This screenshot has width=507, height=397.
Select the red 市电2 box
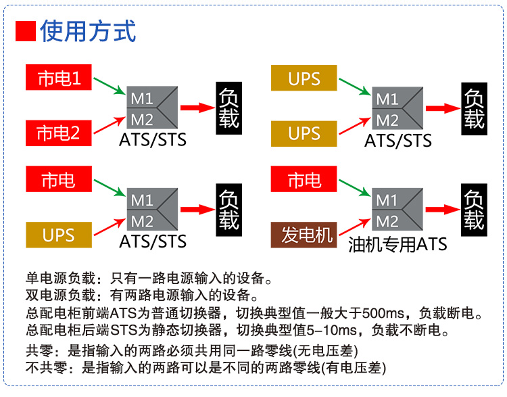pyautogui.click(x=58, y=133)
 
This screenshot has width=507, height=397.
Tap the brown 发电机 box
pyautogui.click(x=307, y=235)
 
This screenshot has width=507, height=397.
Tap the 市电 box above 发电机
pyautogui.click(x=304, y=181)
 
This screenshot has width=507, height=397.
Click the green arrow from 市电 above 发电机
pyautogui.click(x=355, y=189)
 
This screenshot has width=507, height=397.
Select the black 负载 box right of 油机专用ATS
pyautogui.click(x=473, y=210)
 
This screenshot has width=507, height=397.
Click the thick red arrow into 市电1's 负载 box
pyautogui.click(x=197, y=107)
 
